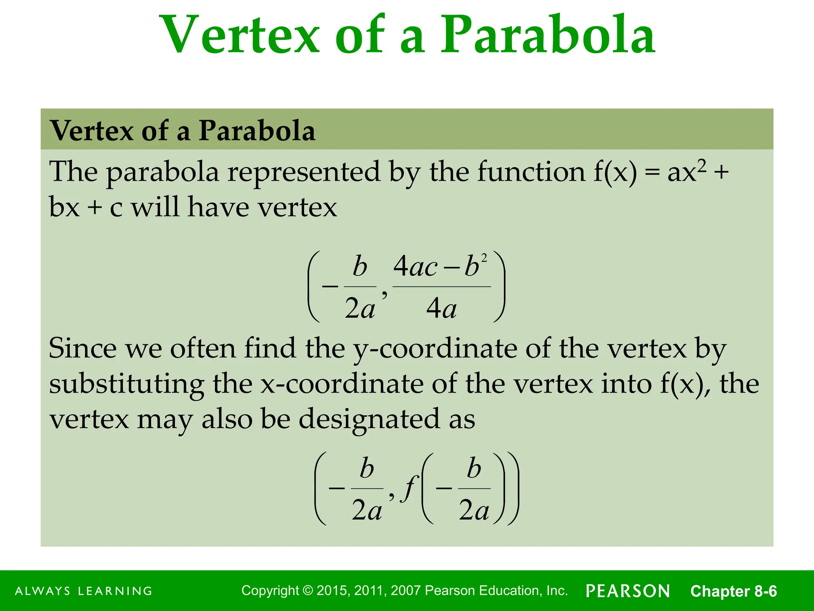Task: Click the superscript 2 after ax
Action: pyautogui.click(x=702, y=165)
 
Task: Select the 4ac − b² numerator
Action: pyautogui.click(x=440, y=266)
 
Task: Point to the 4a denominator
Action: pyautogui.click(x=441, y=309)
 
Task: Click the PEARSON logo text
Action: pyautogui.click(x=628, y=591)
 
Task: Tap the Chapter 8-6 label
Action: pyautogui.click(x=733, y=591)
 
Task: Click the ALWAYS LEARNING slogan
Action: pyautogui.click(x=84, y=591)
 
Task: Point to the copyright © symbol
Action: pyautogui.click(x=308, y=591)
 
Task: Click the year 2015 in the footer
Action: pyautogui.click(x=333, y=591)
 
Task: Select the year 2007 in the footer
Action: pyautogui.click(x=406, y=591)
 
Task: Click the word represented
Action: pyautogui.click(x=304, y=172)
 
